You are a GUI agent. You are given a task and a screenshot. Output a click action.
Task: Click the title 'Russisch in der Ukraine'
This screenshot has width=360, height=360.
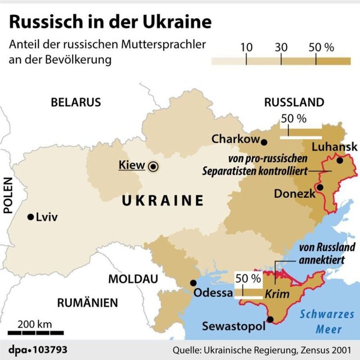click(110, 22)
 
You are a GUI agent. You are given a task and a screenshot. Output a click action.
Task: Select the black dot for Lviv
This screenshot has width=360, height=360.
click(31, 217)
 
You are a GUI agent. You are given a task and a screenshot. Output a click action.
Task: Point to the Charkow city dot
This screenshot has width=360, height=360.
click(264, 142)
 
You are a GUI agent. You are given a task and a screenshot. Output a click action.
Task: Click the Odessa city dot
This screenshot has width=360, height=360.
click(193, 283)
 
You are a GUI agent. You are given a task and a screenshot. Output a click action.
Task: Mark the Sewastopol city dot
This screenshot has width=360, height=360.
click(270, 319)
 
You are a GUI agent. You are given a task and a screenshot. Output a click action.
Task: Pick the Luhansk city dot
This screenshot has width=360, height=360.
click(340, 160)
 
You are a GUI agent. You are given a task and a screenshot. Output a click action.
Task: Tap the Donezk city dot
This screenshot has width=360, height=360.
click(319, 187)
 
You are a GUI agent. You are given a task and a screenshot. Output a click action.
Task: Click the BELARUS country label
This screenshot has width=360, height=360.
click(76, 102)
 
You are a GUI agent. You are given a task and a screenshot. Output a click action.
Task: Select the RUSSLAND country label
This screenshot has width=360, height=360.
click(294, 102)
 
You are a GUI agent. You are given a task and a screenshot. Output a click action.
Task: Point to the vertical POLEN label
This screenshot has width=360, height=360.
click(8, 194)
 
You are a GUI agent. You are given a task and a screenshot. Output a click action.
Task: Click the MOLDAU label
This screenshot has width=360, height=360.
click(133, 279)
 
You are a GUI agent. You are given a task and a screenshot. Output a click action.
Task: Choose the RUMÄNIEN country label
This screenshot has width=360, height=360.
click(87, 302)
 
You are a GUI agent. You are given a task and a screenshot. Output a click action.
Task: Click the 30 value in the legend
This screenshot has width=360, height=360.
click(281, 48)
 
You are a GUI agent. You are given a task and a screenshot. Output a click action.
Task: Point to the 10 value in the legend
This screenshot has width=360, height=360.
click(246, 48)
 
